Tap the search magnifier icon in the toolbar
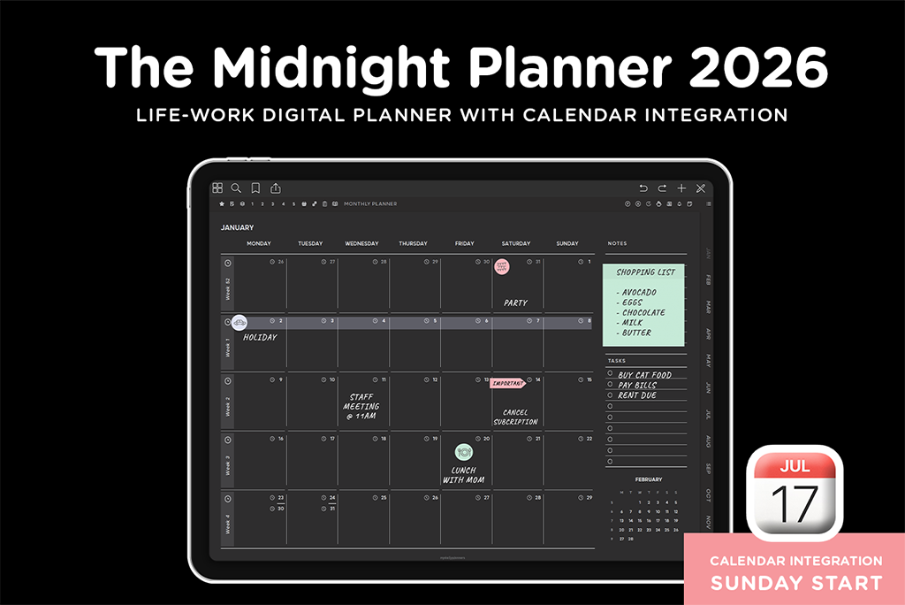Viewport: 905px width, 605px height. click(x=236, y=188)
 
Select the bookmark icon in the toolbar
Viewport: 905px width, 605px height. click(x=255, y=188)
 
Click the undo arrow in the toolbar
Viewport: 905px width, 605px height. click(x=643, y=188)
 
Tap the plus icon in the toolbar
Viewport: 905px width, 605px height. click(x=681, y=188)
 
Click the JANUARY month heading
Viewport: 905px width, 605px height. click(x=237, y=227)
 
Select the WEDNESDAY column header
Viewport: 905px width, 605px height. click(x=361, y=243)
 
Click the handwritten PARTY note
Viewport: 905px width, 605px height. click(x=515, y=303)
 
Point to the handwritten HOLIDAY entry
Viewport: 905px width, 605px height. click(x=260, y=337)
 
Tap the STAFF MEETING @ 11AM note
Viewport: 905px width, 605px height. click(x=362, y=408)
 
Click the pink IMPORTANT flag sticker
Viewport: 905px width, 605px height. click(x=507, y=383)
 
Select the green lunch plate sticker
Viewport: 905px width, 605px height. click(x=464, y=452)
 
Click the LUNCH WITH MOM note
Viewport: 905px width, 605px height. click(x=464, y=475)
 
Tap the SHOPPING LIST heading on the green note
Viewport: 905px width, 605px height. click(x=645, y=272)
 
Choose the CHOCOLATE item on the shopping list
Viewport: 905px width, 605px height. click(x=643, y=312)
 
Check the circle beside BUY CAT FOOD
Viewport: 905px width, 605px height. click(x=610, y=374)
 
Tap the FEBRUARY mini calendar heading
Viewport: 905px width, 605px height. click(x=648, y=479)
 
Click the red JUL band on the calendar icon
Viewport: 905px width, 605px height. click(x=795, y=467)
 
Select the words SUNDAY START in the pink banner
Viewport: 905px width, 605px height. click(x=796, y=582)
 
